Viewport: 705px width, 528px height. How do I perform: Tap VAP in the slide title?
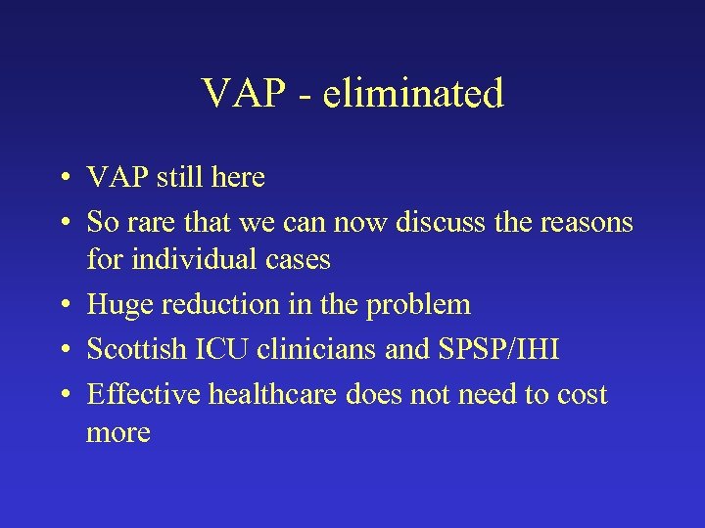tap(242, 94)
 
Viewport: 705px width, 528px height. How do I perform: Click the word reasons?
tap(587, 222)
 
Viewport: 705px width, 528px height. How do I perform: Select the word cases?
tap(298, 259)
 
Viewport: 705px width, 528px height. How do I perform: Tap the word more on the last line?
tap(118, 431)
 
